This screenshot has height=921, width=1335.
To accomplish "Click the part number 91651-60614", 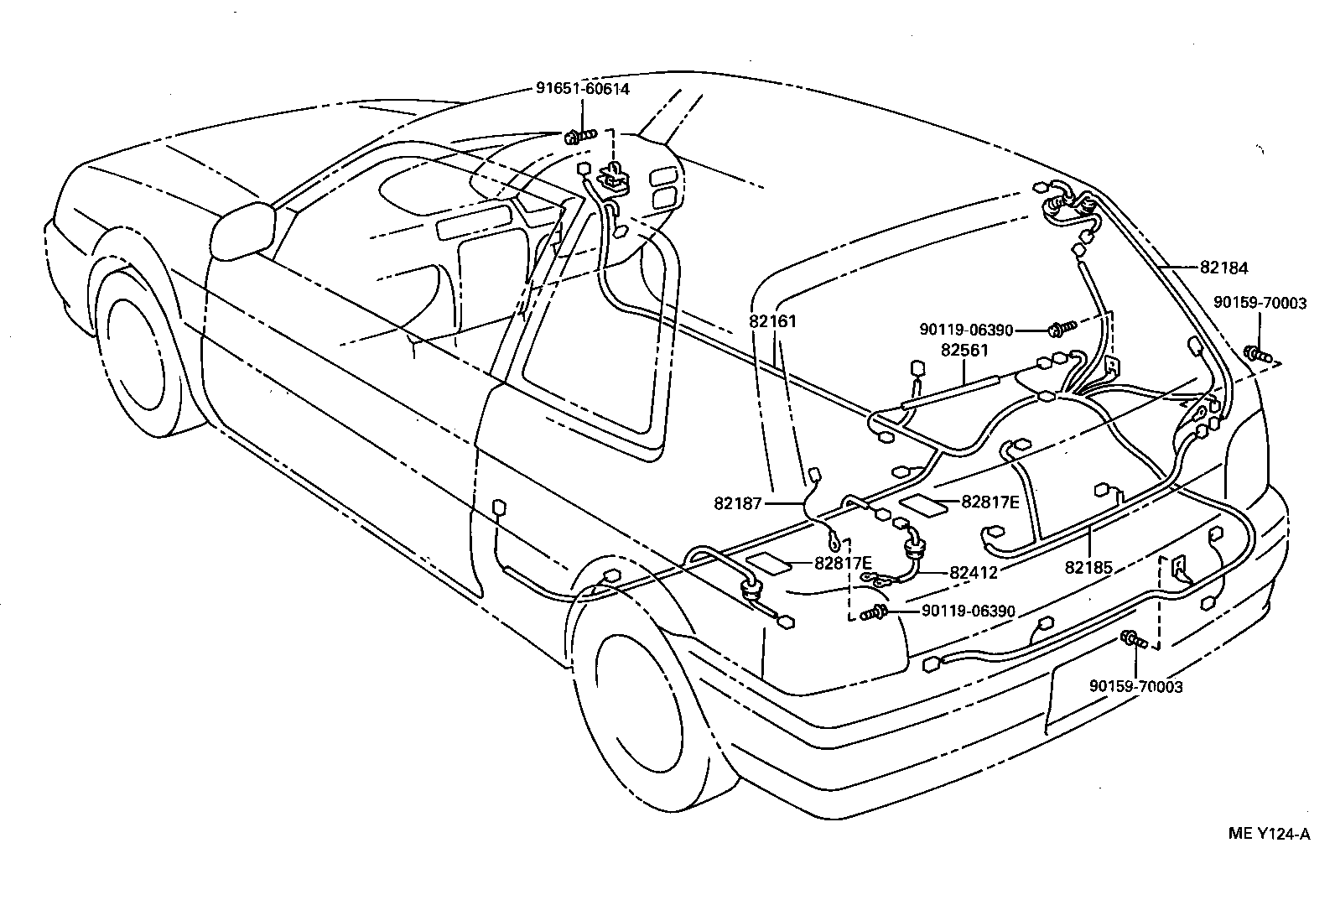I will click(583, 88).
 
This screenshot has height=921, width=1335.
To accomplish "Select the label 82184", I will click(1223, 268).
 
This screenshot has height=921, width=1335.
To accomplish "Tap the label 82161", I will click(773, 320).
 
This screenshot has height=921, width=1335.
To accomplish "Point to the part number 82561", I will click(964, 351).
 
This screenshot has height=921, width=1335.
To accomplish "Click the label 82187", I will click(737, 503).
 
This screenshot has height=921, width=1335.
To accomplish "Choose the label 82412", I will click(974, 573).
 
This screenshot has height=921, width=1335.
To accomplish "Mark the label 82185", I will click(1088, 568).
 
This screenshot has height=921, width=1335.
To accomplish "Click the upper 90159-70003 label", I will click(1260, 304).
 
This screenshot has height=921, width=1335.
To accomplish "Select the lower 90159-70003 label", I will click(1135, 687).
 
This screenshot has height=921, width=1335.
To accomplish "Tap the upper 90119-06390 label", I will click(966, 330).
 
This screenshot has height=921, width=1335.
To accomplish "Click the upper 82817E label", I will click(990, 502).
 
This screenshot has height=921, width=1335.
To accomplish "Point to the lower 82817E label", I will click(843, 563).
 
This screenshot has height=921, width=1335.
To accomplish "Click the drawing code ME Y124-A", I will click(1268, 834).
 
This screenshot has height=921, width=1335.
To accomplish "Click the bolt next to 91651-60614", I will click(579, 135).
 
